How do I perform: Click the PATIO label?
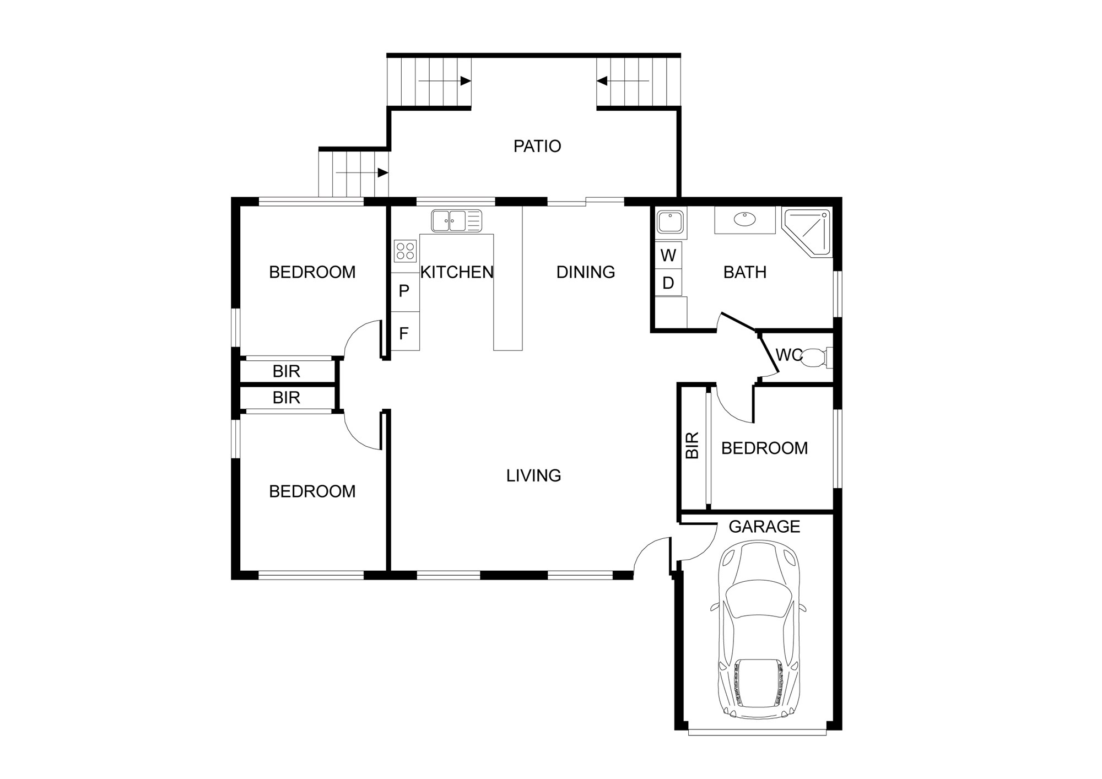537,146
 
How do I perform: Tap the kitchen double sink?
457,221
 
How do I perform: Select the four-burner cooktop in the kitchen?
405,251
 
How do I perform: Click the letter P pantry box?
404,292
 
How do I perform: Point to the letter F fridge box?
404,332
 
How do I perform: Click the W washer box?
668,255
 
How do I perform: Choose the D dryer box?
668,283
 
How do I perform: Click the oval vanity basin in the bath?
745,219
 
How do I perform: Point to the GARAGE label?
764,527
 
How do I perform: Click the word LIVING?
533,475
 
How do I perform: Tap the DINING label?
586,272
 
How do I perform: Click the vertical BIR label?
693,445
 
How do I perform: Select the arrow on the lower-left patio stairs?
362,172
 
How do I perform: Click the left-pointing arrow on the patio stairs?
623,81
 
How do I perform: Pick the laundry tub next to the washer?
670,222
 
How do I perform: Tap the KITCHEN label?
457,272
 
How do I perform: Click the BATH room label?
745,272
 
